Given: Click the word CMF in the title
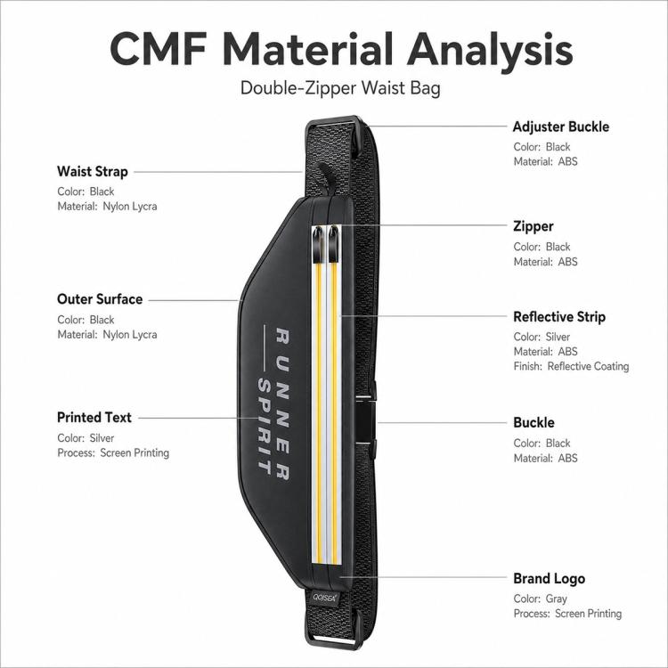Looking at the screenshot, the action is pos(159,49).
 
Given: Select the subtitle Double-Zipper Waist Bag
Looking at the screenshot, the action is pos(340,88).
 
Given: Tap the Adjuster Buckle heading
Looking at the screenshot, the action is pos(560,126).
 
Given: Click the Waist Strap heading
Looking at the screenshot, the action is pos(93,171).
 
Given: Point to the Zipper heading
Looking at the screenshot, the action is pos(533,226).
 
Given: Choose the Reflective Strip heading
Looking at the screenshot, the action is pos(559,316).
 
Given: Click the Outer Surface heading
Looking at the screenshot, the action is pos(100,299).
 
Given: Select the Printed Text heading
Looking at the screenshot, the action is pos(94,418).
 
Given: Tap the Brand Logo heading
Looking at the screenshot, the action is pos(549,579).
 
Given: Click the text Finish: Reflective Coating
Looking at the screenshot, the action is pos(571,366).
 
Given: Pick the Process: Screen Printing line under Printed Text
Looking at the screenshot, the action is pos(113,452).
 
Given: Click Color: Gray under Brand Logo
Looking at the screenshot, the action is pos(540,599).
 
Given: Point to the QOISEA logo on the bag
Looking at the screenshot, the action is pos(324,598).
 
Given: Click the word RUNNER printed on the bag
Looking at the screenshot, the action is pos(282,403).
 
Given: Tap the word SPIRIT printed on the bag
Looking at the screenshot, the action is pos(265,427).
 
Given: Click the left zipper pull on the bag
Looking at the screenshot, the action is pos(318,245).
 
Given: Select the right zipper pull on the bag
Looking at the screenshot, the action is pos(334,245).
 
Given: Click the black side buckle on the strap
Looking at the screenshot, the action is pos(365,421).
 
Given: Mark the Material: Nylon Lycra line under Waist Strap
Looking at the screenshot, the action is pos(107,207).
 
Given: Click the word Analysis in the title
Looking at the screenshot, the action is pos(490,50).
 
